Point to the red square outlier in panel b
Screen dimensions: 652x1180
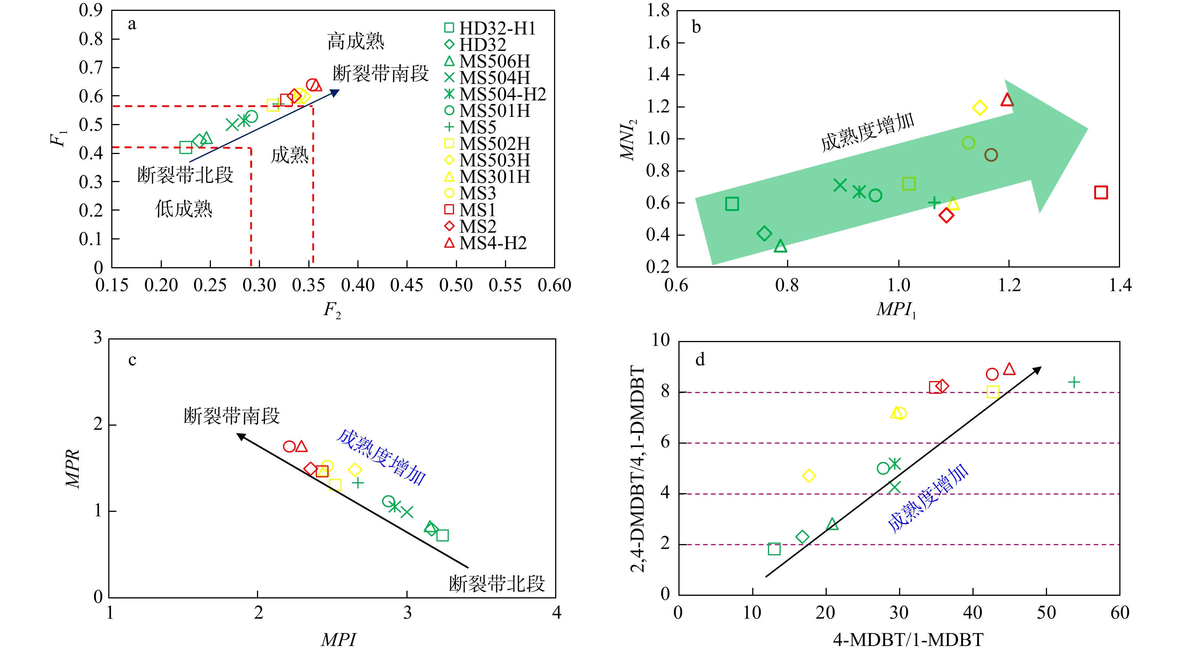tap(1101, 193)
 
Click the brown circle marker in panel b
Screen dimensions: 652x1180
tap(991, 155)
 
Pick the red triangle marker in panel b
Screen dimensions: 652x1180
tap(1007, 99)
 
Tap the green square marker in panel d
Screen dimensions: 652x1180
tap(774, 549)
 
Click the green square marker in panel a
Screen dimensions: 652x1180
tap(185, 148)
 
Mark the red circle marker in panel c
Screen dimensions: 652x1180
tap(289, 446)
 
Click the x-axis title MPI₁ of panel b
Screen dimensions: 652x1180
tap(896, 310)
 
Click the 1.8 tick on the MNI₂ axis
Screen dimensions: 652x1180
tap(658, 10)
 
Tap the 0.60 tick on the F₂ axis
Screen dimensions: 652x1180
tap(554, 286)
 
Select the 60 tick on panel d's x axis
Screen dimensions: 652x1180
tap(1120, 613)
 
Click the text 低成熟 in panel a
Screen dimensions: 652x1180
tap(184, 209)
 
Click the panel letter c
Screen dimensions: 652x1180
tap(132, 360)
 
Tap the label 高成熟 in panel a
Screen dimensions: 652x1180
tap(355, 41)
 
